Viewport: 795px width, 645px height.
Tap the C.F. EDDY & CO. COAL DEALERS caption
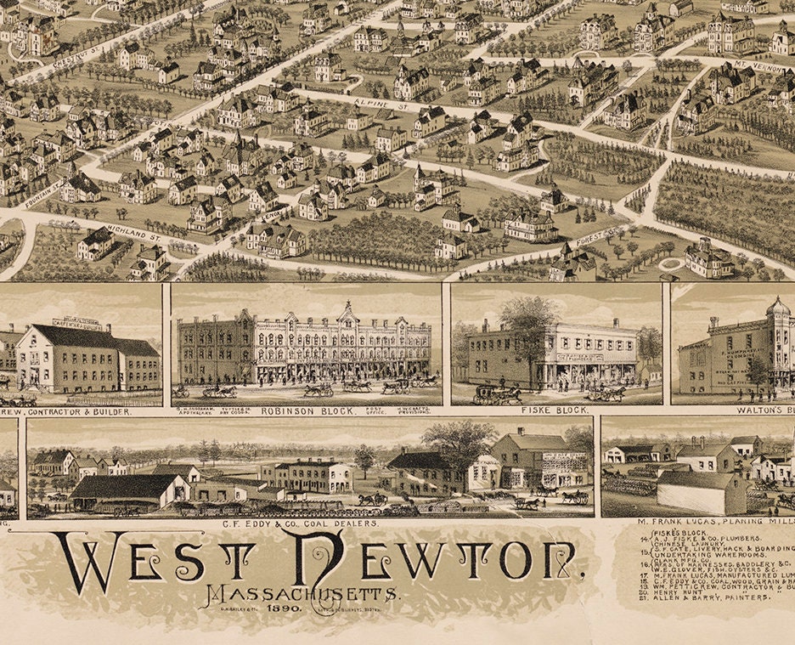pyautogui.click(x=309, y=524)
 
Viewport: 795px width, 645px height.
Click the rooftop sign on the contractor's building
pyautogui.click(x=78, y=323)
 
